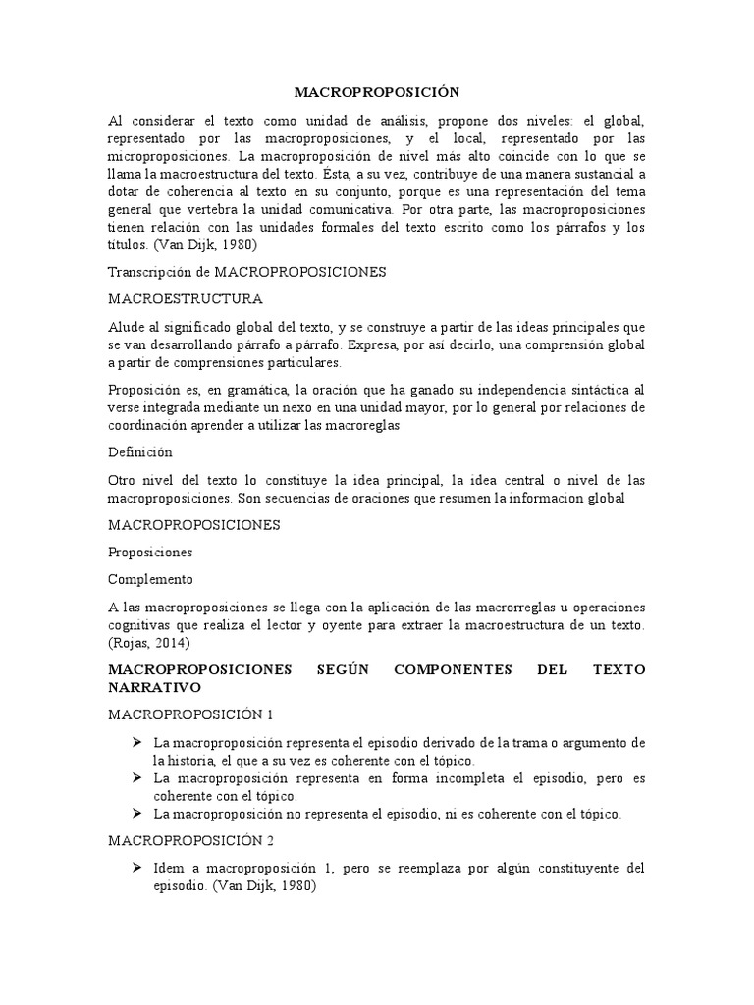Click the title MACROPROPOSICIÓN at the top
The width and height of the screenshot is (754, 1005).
point(377,92)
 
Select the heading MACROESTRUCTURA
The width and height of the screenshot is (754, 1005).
point(186,298)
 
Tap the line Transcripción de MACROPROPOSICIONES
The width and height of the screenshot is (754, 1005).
point(248,270)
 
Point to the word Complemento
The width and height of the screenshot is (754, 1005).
point(150,578)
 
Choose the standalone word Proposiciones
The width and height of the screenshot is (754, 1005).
point(150,552)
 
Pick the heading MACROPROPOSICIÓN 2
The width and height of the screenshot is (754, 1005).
point(191,840)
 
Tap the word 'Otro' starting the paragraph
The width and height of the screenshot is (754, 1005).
point(124,480)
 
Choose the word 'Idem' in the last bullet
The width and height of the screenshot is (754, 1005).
point(170,868)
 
